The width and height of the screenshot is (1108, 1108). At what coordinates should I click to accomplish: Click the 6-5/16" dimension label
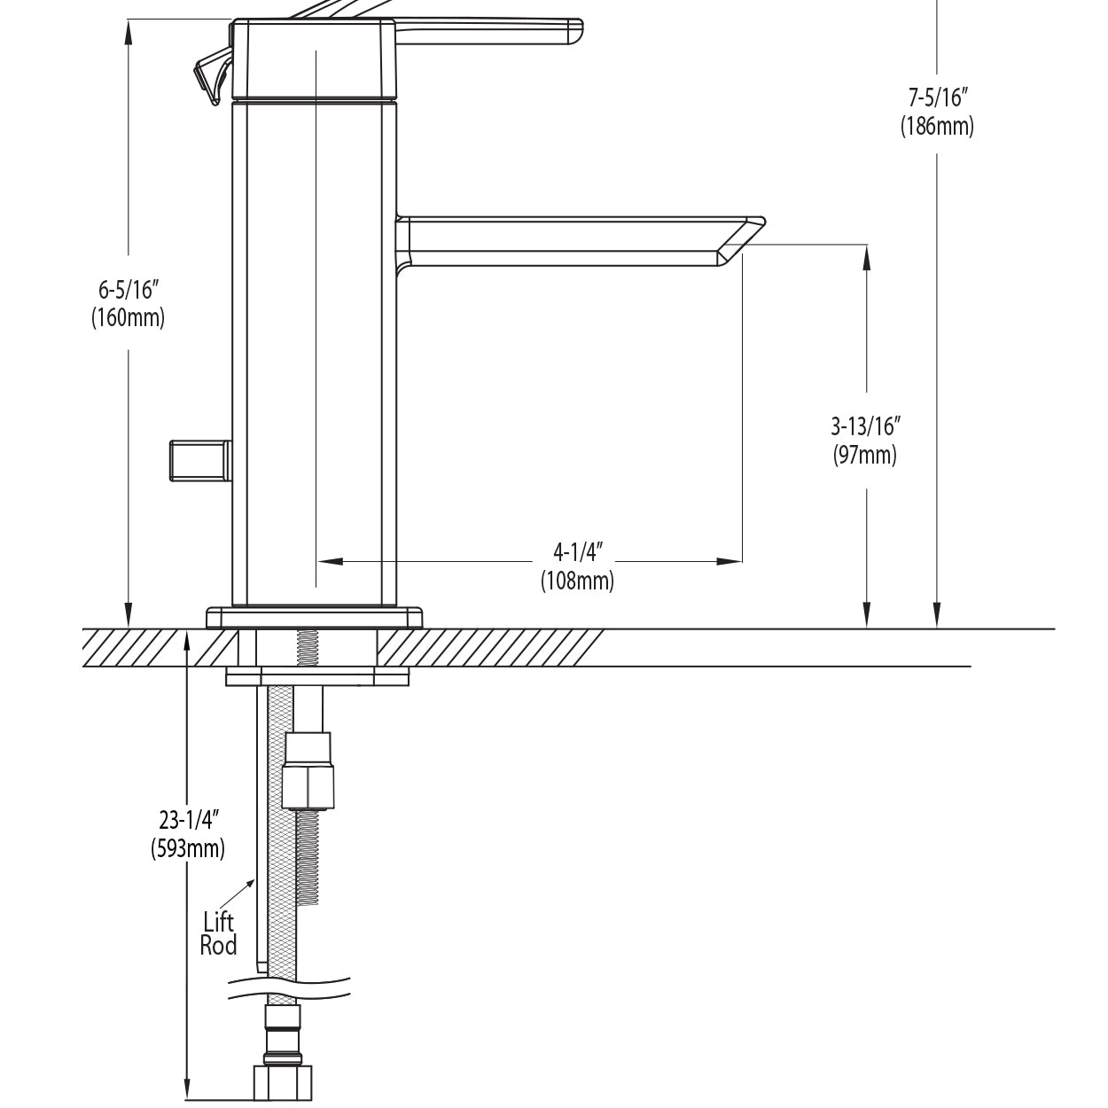point(128,289)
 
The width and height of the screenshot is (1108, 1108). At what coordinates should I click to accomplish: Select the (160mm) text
point(128,317)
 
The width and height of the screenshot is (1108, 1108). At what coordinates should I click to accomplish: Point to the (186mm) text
point(937,126)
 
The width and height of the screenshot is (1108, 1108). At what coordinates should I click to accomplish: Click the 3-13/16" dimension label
point(865,426)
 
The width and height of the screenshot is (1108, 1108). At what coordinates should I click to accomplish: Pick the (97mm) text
point(865,456)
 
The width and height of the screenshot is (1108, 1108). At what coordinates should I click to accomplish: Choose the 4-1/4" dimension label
point(577,552)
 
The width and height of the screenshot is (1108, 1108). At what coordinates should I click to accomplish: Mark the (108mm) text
point(577,581)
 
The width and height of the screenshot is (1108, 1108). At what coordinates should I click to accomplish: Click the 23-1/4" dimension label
point(188,819)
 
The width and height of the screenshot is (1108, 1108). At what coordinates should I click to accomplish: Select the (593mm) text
point(188,848)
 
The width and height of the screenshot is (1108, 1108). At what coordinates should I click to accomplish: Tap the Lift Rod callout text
point(218,933)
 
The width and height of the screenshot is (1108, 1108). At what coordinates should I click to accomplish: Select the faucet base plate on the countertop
point(315,617)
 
